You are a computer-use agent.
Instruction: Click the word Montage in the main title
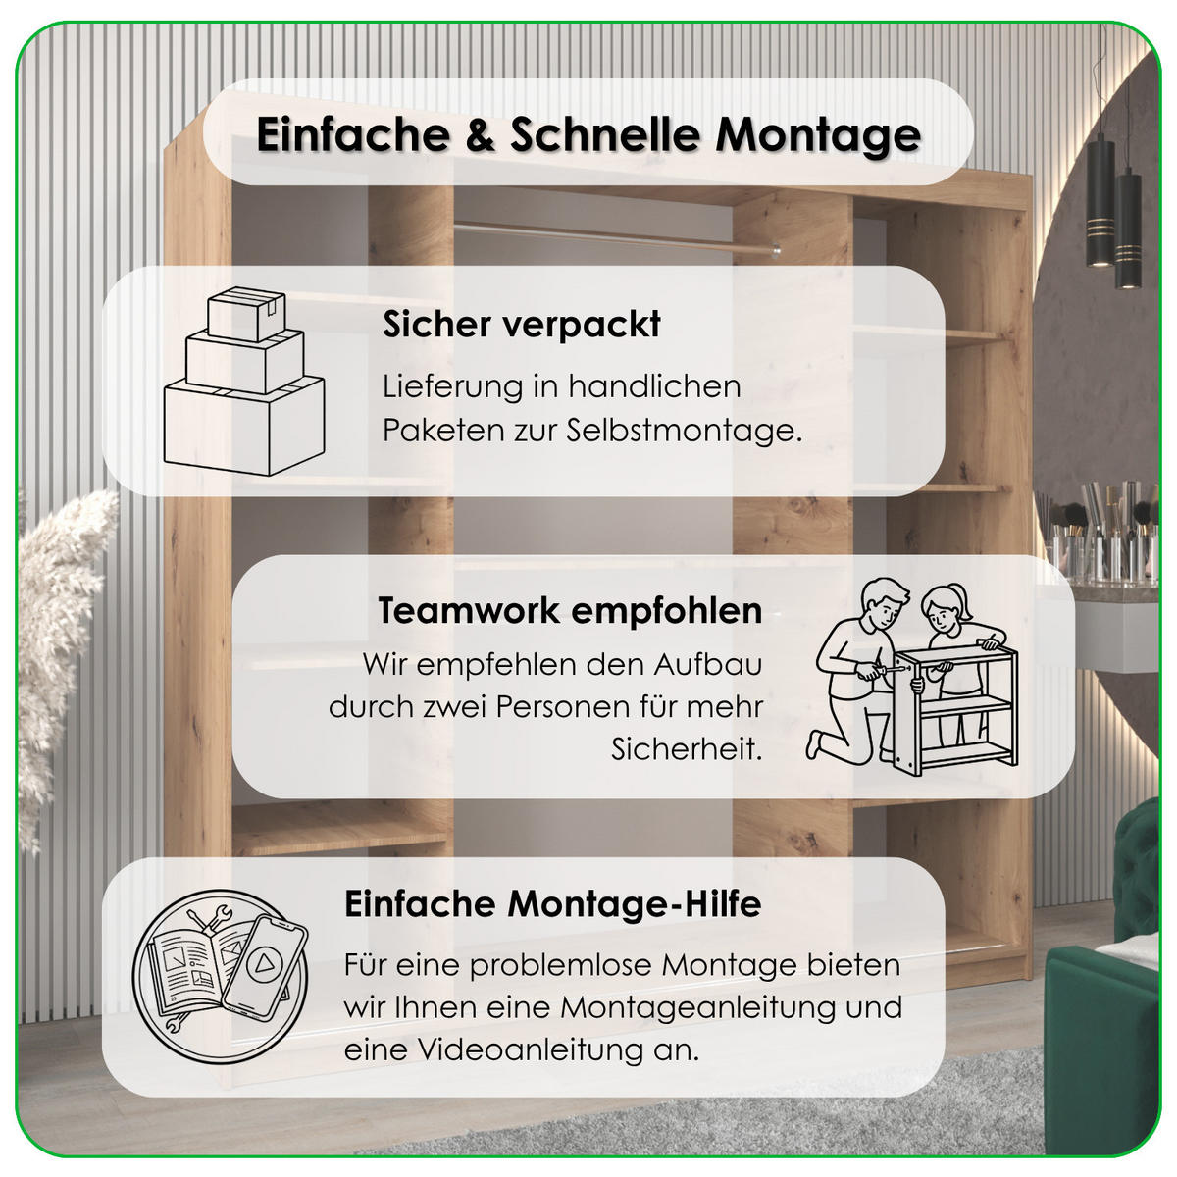tap(818, 135)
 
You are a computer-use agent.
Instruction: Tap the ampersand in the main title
tap(481, 134)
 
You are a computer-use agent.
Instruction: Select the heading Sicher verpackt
tap(522, 325)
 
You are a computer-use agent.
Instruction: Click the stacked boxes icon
tap(243, 383)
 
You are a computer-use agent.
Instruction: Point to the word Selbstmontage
tap(684, 431)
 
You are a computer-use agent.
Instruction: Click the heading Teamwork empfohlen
tap(570, 610)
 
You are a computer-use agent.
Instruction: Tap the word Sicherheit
tap(687, 749)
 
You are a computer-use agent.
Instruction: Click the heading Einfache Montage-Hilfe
tap(552, 903)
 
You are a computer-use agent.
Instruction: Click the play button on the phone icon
tap(262, 965)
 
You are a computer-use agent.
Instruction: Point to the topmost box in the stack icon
tap(245, 314)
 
